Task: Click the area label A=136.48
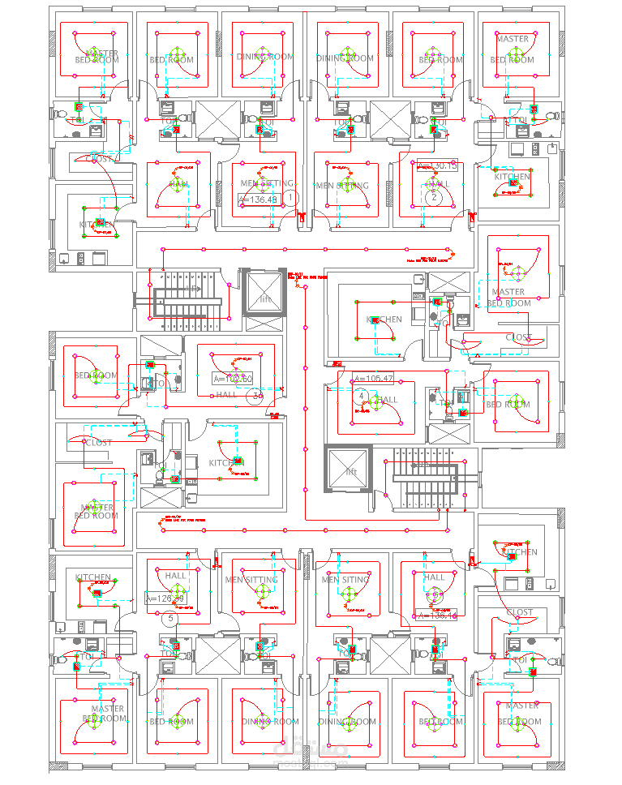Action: [x=258, y=199]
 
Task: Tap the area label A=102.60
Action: [x=233, y=379]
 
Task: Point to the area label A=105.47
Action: [x=373, y=379]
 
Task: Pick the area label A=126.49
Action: [x=165, y=598]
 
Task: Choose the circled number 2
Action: [x=434, y=197]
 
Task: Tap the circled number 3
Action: [x=256, y=397]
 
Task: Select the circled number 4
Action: [x=362, y=396]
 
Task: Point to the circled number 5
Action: [x=169, y=619]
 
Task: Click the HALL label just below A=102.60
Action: [x=226, y=395]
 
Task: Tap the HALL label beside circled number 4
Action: [x=388, y=400]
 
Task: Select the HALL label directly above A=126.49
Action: [x=176, y=576]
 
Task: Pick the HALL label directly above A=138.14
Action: [x=434, y=577]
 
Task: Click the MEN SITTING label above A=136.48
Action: [x=264, y=185]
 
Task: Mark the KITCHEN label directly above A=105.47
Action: [x=384, y=320]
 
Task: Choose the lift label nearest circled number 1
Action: [x=265, y=299]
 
